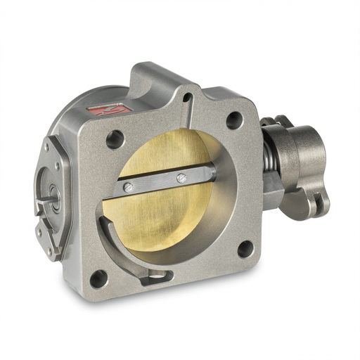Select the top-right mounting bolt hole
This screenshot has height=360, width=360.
(234, 120)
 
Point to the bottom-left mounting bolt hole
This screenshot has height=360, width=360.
(99, 278)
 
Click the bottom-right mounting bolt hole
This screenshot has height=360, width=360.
(245, 248)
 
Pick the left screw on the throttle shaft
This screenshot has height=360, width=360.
(128, 187)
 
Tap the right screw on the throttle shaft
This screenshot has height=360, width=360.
(182, 177)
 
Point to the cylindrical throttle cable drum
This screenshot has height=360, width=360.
(299, 150)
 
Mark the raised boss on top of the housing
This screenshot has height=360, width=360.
(162, 77)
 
